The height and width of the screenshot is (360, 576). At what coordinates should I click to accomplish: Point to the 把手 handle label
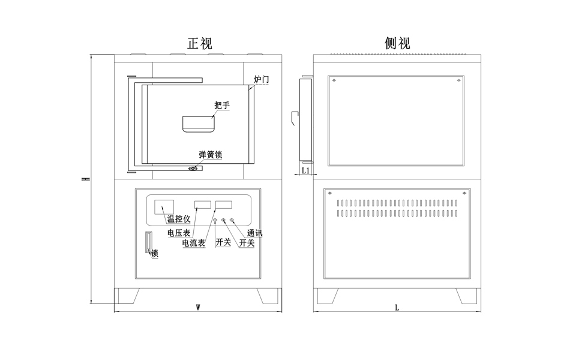click(x=222, y=106)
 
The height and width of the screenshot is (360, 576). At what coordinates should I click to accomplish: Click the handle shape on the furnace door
click(x=199, y=124)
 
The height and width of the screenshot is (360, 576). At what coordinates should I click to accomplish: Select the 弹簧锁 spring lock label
click(x=211, y=155)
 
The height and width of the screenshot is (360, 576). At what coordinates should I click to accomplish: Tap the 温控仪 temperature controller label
click(x=178, y=218)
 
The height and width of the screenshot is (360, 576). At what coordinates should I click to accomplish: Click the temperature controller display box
click(x=164, y=206)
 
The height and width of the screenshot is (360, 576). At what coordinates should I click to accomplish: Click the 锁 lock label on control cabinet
click(x=155, y=254)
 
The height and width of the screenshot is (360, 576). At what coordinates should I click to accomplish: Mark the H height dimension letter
click(x=86, y=179)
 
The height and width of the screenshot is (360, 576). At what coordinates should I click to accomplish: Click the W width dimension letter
click(x=198, y=307)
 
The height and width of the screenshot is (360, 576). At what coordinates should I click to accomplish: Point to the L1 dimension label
click(x=305, y=170)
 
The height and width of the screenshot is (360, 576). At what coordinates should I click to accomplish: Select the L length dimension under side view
click(x=397, y=307)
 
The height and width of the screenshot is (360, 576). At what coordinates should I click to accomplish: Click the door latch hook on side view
click(x=294, y=118)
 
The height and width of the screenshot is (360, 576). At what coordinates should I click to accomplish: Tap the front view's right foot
click(x=268, y=296)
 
